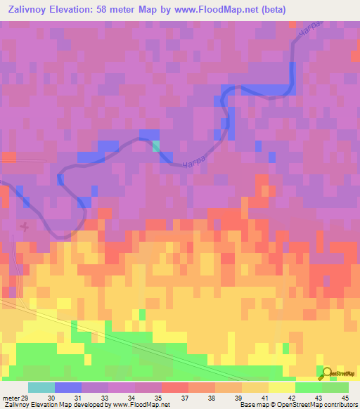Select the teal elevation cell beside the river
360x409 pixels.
tap(155, 145)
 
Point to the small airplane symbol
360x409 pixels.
tap(25, 226)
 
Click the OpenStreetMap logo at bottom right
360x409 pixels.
tap(338, 373)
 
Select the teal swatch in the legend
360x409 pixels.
tap(41, 387)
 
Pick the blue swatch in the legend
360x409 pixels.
tap(68, 387)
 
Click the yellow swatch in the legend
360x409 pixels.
tap(281, 387)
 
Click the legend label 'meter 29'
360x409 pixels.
tap(12, 397)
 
